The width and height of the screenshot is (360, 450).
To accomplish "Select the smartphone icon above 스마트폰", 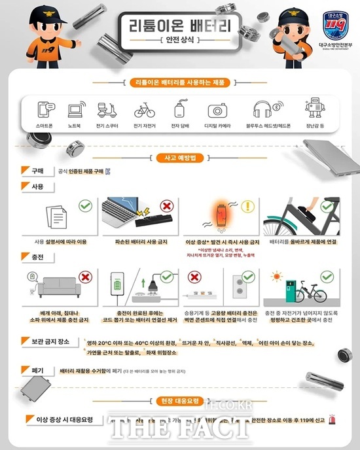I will (x=45, y=110).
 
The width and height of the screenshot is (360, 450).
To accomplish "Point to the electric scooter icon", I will (x=105, y=110).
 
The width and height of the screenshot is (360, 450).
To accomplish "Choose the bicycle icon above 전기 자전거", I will (x=144, y=110).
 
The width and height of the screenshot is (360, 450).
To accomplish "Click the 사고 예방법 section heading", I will (x=179, y=158).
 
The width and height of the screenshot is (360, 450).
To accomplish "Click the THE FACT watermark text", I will (x=179, y=430).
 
